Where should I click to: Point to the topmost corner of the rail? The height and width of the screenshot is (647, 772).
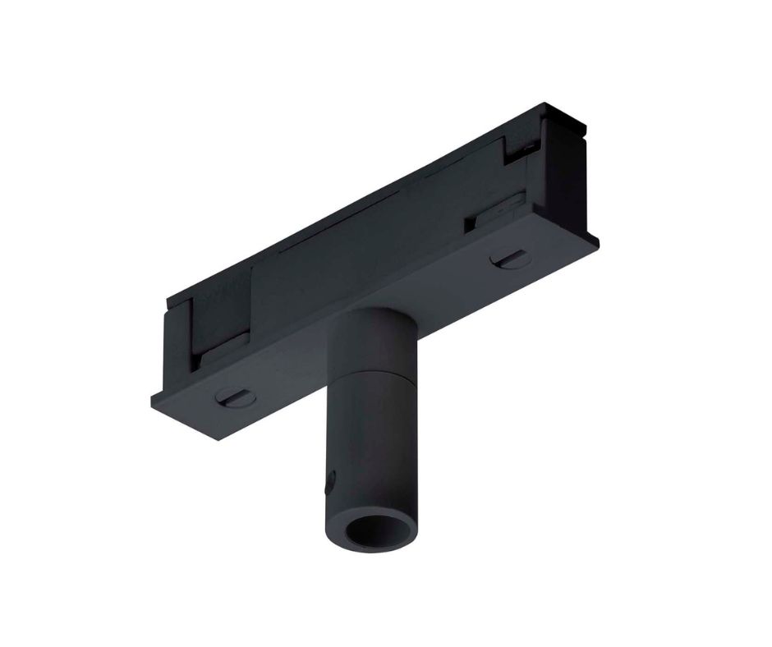click(x=545, y=103)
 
